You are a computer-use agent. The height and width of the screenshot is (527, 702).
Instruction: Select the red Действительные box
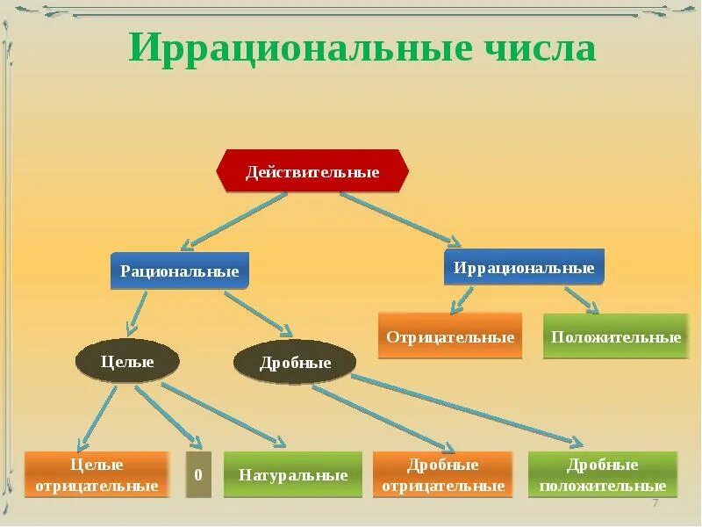point(312,171)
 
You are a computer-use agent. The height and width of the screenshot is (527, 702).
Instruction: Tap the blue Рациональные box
point(180,271)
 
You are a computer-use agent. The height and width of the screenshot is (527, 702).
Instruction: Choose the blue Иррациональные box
point(524,268)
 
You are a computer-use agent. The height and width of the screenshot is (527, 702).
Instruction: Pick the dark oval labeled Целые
point(127,361)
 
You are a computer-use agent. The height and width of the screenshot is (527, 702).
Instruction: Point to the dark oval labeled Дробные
point(295,363)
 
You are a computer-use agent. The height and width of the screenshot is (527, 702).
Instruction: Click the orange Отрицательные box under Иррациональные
point(450,336)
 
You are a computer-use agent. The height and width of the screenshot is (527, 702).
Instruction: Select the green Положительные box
point(616,336)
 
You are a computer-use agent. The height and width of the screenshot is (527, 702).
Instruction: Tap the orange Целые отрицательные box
point(97,475)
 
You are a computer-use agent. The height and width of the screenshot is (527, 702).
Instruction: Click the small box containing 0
point(198,475)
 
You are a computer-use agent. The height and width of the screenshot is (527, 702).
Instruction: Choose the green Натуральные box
point(293,475)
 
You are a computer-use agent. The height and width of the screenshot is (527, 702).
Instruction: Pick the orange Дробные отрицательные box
point(442,475)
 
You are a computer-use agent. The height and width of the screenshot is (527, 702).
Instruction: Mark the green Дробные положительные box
point(603,475)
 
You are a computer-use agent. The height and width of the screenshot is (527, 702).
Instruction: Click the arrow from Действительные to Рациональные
point(237,220)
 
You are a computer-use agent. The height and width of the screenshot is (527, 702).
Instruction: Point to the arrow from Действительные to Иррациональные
point(399,217)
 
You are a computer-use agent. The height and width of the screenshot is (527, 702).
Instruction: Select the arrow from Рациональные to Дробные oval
point(258,313)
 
